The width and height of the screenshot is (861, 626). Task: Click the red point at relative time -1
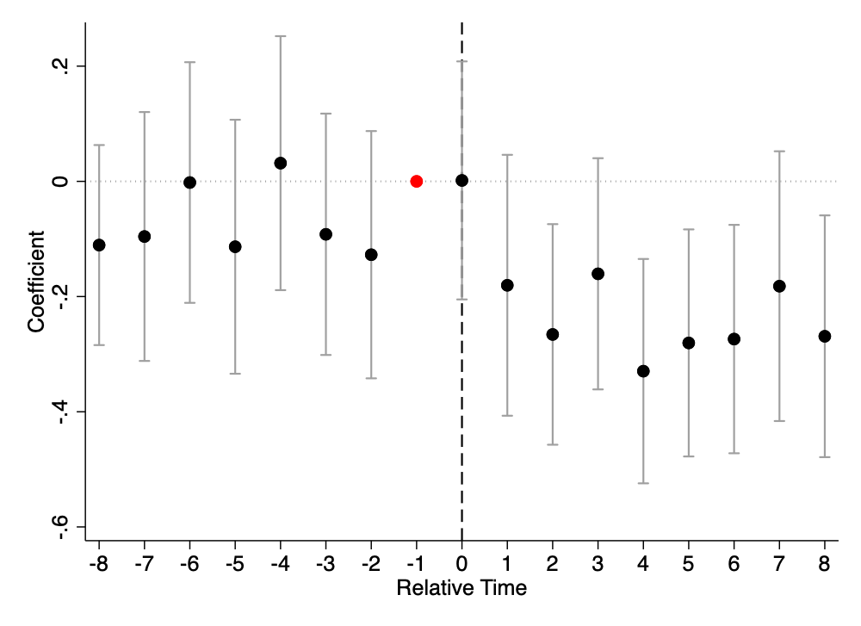(x=416, y=181)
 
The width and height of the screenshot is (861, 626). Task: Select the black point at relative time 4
(x=643, y=371)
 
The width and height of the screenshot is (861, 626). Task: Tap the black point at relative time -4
(x=280, y=163)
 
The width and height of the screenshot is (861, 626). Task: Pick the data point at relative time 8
(x=824, y=336)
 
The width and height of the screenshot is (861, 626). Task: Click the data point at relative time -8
(x=99, y=245)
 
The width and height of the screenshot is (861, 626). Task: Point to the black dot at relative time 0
(x=461, y=180)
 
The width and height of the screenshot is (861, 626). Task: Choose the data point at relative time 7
(x=778, y=286)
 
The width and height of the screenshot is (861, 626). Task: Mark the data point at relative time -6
(x=189, y=183)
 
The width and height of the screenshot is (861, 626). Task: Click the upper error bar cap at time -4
(x=280, y=36)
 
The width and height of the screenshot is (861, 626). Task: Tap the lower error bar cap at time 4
(x=643, y=483)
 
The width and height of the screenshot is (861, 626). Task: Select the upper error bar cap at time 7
(x=778, y=151)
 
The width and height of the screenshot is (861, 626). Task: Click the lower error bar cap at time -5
(x=235, y=374)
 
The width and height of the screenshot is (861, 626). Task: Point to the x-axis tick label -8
(x=99, y=563)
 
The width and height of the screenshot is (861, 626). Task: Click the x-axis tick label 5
(x=688, y=563)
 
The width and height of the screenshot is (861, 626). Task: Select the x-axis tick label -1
(x=416, y=563)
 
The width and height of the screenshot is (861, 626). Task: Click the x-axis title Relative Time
(x=461, y=588)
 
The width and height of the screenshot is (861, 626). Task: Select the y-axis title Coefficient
(x=36, y=282)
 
